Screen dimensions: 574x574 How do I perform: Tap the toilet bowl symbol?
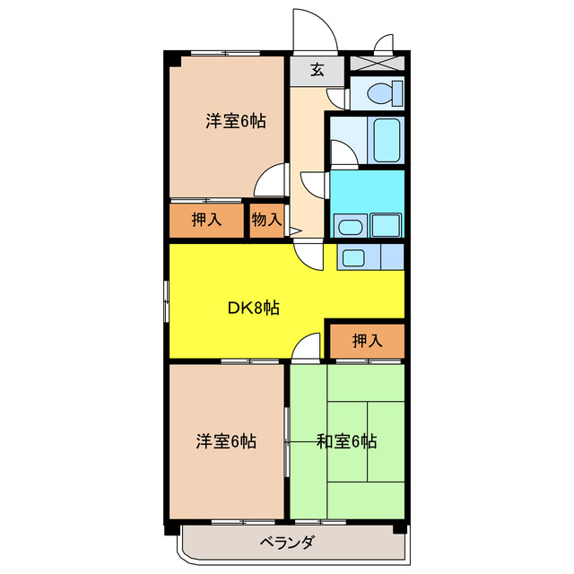pos(377,92)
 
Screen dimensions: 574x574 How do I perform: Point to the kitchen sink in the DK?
pos(353,257)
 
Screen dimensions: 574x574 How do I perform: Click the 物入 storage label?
pos(266,220)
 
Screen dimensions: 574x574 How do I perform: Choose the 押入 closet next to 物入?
pos(206,220)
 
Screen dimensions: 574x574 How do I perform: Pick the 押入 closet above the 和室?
pos(367,341)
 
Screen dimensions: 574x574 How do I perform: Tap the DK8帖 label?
pos(252,308)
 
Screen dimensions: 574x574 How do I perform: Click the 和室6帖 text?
pos(345,441)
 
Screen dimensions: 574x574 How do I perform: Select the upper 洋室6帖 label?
pos(235,122)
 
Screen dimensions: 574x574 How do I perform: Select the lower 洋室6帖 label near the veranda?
pos(227,441)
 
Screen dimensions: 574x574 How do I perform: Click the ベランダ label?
pos(287,542)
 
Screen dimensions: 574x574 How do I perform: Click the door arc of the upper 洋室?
pos(268,183)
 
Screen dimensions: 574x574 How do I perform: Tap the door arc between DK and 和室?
pos(307,346)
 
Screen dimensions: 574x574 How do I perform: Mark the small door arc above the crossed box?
pos(384,44)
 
